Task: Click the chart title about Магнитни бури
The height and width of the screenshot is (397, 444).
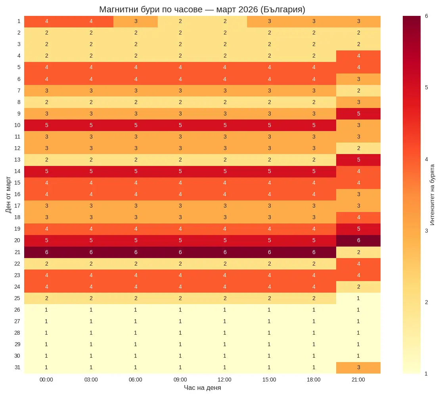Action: (x=202, y=10)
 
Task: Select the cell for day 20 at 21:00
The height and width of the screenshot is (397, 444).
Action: (x=358, y=241)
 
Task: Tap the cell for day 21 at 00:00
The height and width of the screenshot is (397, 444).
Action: (x=46, y=252)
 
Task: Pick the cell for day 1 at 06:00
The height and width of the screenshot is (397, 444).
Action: (x=136, y=21)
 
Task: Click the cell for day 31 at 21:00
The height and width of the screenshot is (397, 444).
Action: (x=358, y=367)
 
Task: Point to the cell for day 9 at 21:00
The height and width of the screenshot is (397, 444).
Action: (x=358, y=114)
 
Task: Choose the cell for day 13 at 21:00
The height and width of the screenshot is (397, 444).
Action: (x=358, y=160)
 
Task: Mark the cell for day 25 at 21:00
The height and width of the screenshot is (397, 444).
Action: (x=358, y=298)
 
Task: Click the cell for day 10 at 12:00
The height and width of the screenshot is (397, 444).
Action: (x=225, y=125)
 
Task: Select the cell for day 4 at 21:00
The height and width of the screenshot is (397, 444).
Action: (x=358, y=56)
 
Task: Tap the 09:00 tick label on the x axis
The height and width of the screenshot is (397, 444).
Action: (x=180, y=380)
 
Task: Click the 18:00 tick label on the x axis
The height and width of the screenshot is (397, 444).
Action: (x=314, y=380)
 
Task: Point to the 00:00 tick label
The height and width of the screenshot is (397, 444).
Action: (x=46, y=380)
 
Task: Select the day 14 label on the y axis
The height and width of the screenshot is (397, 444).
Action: (x=17, y=171)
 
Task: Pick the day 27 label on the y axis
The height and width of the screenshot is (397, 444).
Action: (x=17, y=321)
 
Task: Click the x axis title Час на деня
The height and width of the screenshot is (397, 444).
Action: (x=202, y=388)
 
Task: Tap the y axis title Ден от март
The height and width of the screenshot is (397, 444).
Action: (x=9, y=195)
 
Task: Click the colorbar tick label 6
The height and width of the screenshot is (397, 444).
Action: (x=426, y=16)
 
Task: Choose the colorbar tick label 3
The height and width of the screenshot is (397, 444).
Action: (x=426, y=231)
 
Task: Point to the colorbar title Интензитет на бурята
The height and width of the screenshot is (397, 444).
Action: (x=432, y=195)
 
